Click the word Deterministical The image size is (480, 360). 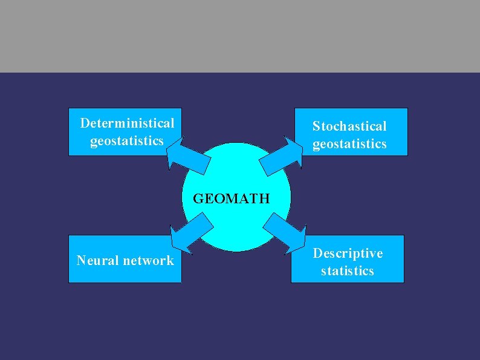(127, 123)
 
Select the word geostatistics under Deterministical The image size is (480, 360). (127, 141)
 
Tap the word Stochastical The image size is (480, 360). (349, 126)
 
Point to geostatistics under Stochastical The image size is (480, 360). (349, 144)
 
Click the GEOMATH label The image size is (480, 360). (231, 198)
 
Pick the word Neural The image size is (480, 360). (99, 261)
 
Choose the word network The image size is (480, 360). (148, 261)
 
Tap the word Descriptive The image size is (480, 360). (348, 253)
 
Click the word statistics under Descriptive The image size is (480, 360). (348, 270)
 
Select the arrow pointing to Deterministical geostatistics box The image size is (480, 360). (187, 157)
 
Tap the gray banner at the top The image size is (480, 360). (240, 36)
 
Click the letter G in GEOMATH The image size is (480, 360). (198, 198)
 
